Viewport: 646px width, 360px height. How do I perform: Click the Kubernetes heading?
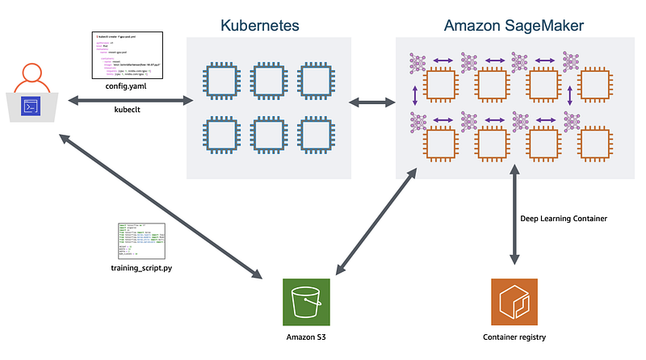coord(260,25)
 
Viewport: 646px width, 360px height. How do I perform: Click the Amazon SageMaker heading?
coord(514,25)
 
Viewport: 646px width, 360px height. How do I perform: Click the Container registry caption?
coord(514,337)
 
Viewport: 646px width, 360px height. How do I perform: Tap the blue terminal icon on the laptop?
coord(31,106)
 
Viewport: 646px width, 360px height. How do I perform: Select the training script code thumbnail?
coord(141,240)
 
